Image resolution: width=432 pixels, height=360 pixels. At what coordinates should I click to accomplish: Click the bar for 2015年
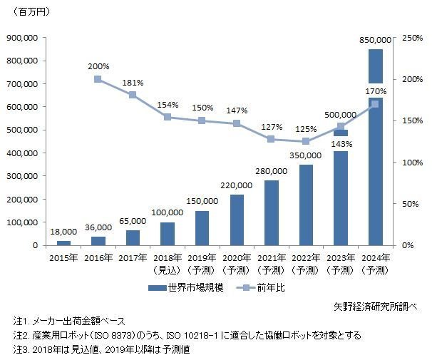[63, 243]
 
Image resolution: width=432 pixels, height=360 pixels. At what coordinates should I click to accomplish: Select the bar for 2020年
[237, 220]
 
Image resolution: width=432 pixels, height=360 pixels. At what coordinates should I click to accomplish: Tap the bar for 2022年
[306, 205]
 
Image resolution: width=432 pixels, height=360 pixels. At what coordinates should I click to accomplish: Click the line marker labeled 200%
[98, 79]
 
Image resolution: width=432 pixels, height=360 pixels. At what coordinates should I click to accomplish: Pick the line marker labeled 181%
[133, 95]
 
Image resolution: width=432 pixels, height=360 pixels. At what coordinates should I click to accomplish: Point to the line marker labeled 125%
[306, 141]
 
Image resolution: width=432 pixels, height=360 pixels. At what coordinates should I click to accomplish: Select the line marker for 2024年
[375, 104]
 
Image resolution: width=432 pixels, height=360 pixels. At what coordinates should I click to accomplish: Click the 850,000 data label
[375, 40]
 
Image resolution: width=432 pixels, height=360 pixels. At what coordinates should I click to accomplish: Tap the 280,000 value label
[272, 171]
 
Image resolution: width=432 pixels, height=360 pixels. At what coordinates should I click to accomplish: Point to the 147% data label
[237, 110]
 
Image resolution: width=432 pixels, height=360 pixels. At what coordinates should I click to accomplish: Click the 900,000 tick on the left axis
[22, 38]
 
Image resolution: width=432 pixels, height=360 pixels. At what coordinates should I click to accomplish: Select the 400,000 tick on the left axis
[22, 153]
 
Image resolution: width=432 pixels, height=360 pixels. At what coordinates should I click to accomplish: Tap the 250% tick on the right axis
[412, 38]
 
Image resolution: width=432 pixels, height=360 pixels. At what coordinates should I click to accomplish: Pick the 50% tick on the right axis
[410, 204]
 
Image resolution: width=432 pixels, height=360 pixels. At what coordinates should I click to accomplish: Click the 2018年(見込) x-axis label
[168, 264]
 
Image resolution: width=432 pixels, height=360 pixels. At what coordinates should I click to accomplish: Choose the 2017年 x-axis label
[133, 258]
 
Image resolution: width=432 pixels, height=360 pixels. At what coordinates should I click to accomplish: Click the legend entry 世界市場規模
[185, 288]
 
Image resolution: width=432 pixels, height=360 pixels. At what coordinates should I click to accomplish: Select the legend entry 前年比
[260, 288]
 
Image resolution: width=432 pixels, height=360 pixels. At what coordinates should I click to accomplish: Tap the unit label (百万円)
[31, 12]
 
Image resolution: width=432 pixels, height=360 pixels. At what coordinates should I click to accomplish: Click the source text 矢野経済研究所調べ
[376, 307]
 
